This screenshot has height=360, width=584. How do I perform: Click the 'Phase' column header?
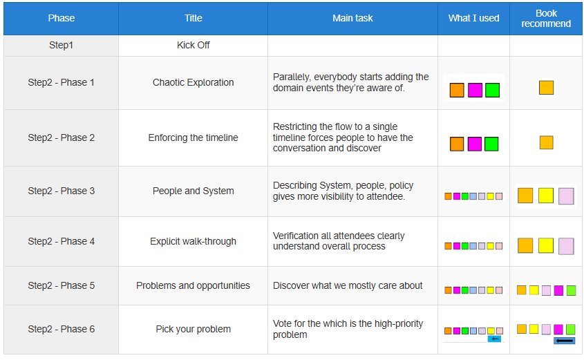point(61,18)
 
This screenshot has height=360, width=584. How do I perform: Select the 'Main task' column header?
point(352,18)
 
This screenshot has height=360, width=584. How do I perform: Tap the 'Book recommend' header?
point(545,18)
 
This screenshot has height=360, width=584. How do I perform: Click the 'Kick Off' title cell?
point(193,45)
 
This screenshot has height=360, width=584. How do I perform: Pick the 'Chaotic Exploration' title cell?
point(193,82)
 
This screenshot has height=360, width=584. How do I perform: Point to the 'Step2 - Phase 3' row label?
point(61,191)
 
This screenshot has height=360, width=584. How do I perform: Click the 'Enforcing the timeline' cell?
point(193,138)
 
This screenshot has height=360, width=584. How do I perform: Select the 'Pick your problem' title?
point(193,329)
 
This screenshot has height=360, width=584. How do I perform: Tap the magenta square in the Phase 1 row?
point(475,90)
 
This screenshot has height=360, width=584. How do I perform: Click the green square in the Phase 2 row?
point(491,144)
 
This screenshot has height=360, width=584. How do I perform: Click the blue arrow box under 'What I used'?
point(494,339)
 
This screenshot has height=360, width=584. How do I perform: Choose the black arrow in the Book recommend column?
point(564,340)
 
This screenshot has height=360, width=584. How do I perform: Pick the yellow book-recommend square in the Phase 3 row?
point(545,196)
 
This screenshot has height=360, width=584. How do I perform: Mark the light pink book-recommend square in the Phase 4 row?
point(566,246)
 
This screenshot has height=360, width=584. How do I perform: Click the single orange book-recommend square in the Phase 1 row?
point(547,88)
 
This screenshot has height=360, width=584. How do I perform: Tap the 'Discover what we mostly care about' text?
point(348,285)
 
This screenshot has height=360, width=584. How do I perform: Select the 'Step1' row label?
point(61,45)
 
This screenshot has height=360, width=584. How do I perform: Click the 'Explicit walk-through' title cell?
point(193,241)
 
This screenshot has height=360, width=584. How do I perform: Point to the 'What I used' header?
point(473,18)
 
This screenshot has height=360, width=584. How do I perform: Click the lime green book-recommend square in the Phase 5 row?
point(571,290)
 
